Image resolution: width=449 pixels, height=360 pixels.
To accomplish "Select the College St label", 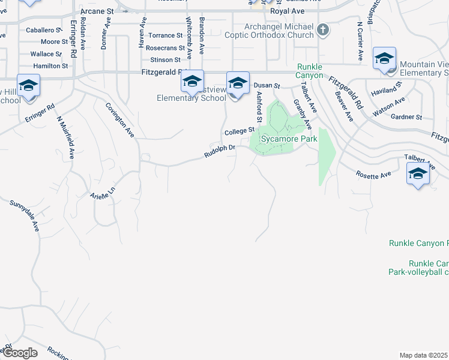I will [x=240, y=131].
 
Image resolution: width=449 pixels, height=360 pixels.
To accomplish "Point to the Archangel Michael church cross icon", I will [x=322, y=30].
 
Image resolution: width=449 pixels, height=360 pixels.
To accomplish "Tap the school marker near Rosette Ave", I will [x=418, y=175].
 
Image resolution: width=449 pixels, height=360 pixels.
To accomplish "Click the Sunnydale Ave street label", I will [x=25, y=217].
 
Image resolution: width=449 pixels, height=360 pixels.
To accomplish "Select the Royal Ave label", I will [x=288, y=11].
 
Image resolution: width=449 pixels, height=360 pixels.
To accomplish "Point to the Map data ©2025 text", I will [x=424, y=355].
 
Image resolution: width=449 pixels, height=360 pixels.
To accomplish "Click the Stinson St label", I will [x=166, y=60].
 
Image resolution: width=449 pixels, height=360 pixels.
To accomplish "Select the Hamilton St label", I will [x=50, y=65].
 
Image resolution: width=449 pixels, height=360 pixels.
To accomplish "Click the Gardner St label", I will [x=406, y=117].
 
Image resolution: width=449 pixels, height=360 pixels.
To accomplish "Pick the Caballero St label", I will [x=44, y=29].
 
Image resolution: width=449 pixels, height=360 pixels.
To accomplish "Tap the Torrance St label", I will [x=165, y=36].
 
